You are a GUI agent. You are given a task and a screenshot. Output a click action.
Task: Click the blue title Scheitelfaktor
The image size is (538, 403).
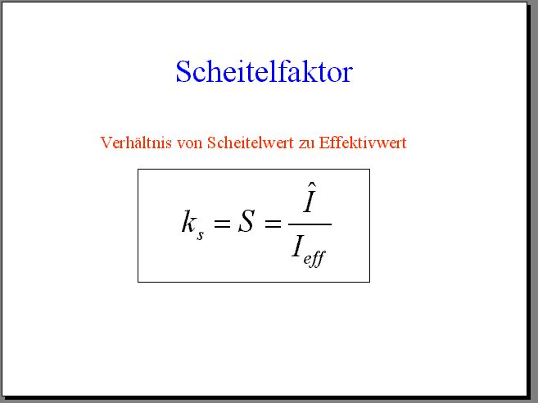coord(264,71)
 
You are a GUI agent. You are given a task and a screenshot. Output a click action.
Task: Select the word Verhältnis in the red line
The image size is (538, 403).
coord(136,142)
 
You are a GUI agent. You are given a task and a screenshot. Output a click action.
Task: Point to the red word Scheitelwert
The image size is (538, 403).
coord(251,142)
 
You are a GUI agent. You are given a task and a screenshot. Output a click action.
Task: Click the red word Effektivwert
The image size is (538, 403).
coord(363,142)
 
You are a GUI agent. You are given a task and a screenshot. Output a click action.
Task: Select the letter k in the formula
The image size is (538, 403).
coord(188,221)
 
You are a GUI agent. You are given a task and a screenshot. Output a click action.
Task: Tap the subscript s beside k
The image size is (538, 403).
coord(201,235)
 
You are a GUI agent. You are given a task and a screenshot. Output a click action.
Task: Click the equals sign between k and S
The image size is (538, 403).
coord(222,224)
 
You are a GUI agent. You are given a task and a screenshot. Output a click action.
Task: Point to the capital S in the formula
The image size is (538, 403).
coord(246,221)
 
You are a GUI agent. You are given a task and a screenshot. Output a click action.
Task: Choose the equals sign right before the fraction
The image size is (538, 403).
coord(273,224)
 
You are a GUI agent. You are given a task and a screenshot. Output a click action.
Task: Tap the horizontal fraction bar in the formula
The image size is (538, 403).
coord(310,224)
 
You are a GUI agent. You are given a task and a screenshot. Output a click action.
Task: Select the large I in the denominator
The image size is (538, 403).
coord(298,247)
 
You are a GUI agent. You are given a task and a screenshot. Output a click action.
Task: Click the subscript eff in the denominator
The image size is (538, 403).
coord(314,258)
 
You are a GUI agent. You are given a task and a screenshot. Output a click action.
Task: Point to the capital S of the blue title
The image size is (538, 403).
coord(184,71)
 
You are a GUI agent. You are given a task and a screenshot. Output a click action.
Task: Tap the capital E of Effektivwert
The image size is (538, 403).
coord(324,143)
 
